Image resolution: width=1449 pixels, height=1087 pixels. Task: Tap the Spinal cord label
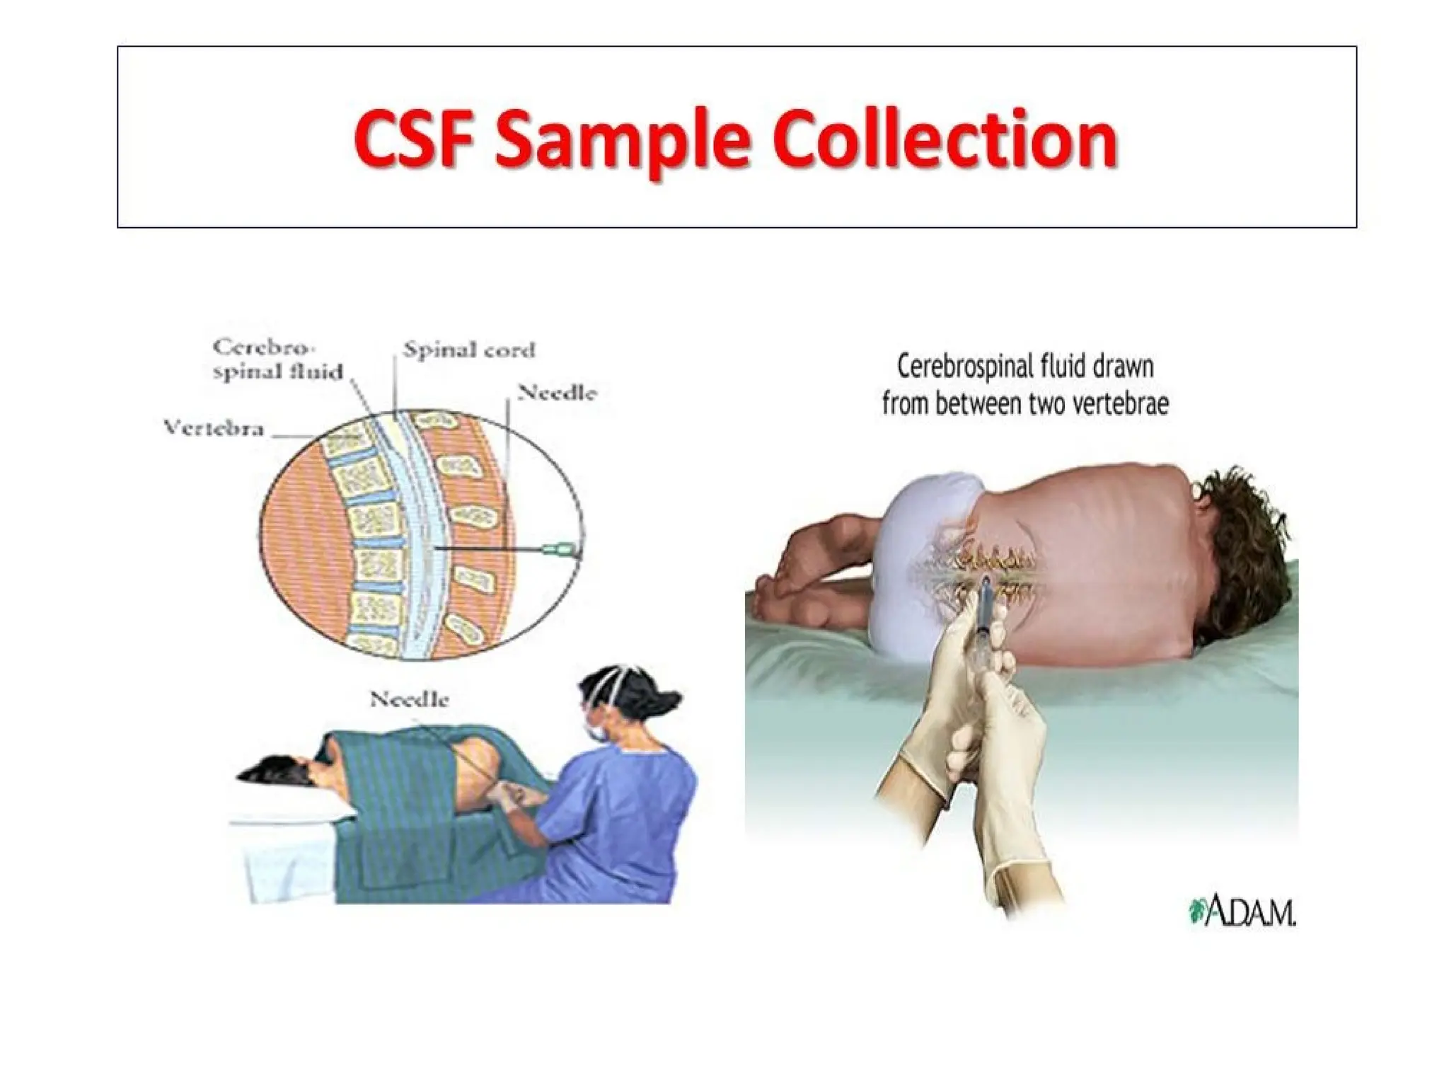coord(469,350)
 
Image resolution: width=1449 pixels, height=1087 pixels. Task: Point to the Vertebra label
coord(213,428)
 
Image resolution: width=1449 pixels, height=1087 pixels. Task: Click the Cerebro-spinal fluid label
coord(277,360)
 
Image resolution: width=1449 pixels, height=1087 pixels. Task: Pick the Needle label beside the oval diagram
coord(557,393)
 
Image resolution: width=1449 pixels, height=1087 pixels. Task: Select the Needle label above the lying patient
coord(409,700)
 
